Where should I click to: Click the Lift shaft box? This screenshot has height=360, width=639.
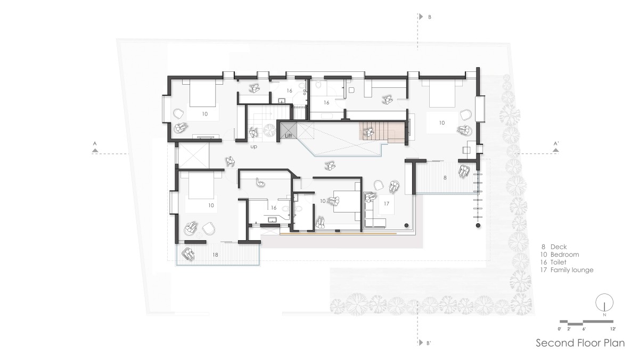point(289,130)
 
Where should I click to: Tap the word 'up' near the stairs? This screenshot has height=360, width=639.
point(253,147)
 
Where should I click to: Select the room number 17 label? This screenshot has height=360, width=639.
point(386,203)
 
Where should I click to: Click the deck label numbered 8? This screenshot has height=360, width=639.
point(445,178)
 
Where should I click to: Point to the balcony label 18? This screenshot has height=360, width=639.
point(215,255)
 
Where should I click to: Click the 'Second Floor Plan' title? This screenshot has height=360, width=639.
point(580,342)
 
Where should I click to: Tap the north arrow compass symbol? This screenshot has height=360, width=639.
point(604,302)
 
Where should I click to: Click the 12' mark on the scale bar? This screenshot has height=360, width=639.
point(613,329)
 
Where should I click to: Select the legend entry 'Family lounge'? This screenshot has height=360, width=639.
point(572,270)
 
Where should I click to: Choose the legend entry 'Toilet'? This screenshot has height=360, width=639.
point(558,262)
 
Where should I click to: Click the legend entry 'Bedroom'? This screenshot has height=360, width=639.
point(564,255)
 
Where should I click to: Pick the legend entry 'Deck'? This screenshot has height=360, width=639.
point(559,247)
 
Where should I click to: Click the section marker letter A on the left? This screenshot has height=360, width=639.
point(95,143)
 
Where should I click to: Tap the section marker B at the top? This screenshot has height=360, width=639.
point(430,17)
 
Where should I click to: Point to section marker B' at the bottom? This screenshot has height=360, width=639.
point(429,343)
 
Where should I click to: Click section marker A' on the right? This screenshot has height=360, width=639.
point(556,143)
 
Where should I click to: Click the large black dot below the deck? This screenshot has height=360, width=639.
point(478,226)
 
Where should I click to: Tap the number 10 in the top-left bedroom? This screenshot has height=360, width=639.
point(205,114)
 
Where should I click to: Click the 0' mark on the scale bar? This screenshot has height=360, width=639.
point(560,329)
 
